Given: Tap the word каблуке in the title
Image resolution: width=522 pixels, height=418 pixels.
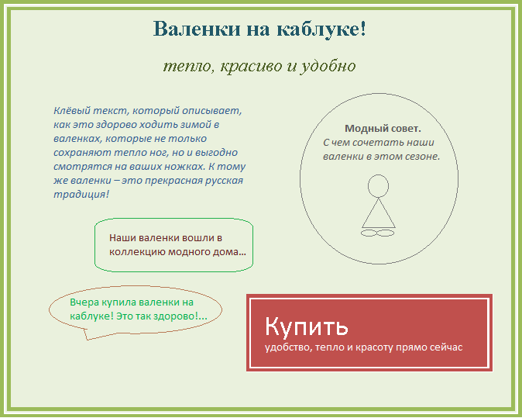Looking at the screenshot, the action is tap(318, 29).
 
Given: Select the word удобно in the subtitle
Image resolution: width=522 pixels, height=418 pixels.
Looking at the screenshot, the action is tap(328, 66).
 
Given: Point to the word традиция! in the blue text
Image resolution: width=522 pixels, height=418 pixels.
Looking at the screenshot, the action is tap(81, 195).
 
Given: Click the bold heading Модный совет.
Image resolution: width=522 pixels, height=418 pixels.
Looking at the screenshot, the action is tap(383, 128).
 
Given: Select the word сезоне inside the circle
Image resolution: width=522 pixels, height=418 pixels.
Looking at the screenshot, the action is tap(423, 157).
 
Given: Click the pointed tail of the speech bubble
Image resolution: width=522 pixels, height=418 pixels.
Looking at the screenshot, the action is tap(88, 340).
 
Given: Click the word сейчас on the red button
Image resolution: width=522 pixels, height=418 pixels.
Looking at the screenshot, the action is tap(446, 347).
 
